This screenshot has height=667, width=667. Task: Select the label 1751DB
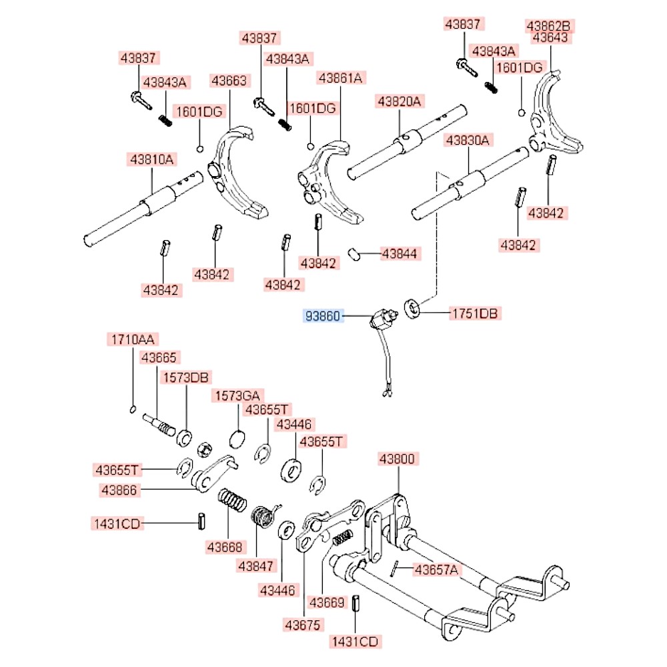point(474,313)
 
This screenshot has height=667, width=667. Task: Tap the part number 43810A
point(151,159)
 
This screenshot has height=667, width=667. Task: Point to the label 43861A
point(341,78)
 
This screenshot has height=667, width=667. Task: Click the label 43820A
point(399,101)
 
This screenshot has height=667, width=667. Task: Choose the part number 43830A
point(468,140)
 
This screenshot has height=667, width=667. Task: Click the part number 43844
point(400,253)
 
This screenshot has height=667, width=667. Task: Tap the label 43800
point(398,459)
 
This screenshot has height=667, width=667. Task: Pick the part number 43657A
point(437,570)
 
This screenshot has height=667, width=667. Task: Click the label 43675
point(303,625)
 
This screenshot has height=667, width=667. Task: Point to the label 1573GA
point(237,396)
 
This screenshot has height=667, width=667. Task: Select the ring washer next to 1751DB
point(412,308)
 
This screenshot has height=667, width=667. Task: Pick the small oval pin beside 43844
point(354,254)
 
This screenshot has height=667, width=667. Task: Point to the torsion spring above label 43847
point(265,516)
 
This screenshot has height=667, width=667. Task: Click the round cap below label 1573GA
point(237,438)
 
